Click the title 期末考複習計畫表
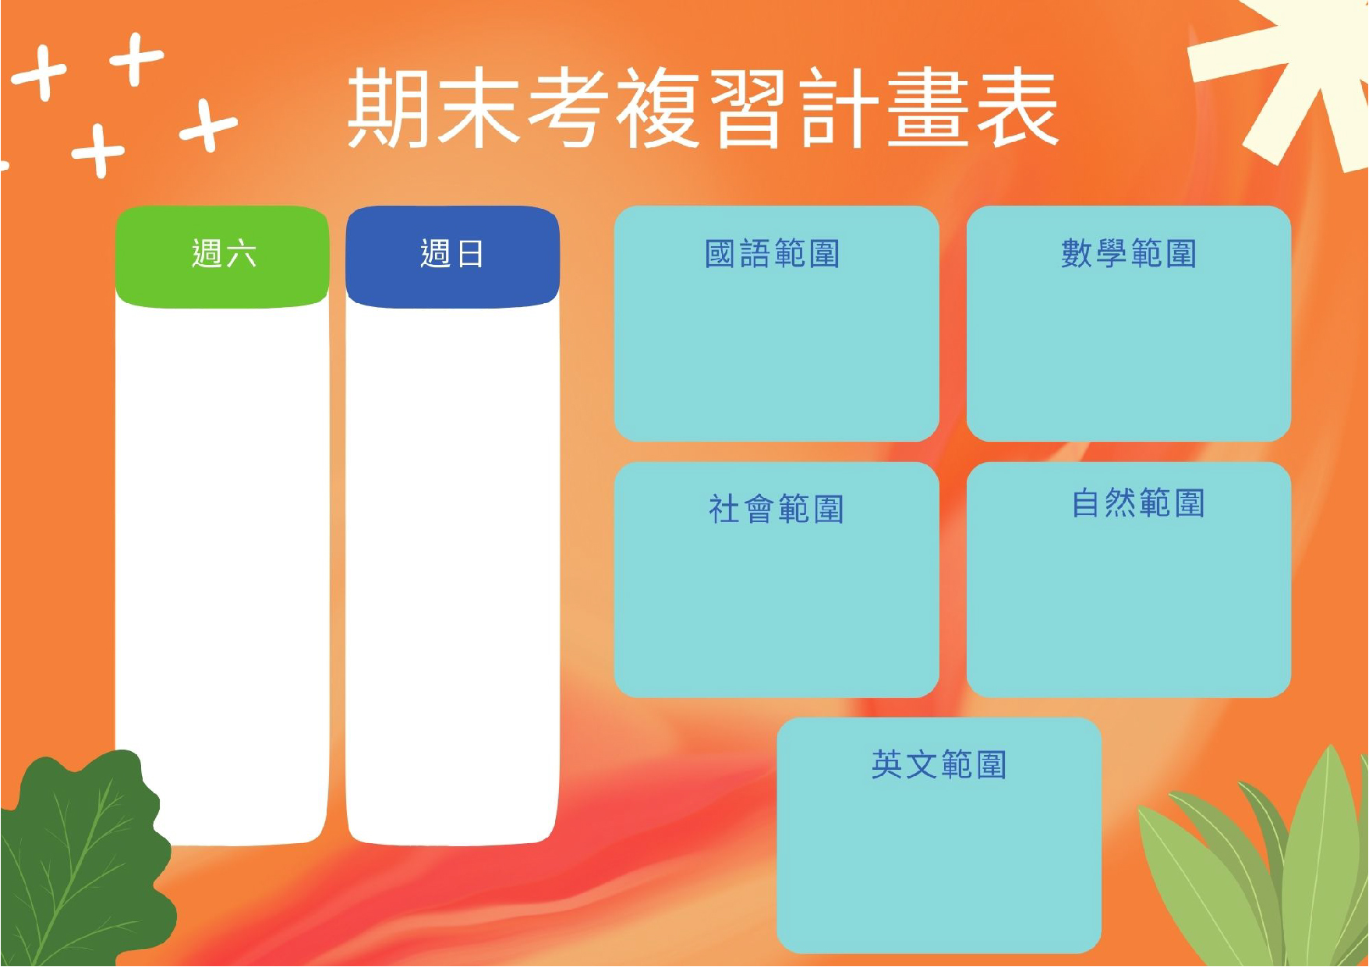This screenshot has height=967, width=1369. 702,107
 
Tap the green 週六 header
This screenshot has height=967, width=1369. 222,256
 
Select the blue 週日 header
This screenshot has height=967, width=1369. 452,256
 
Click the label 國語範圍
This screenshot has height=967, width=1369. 772,254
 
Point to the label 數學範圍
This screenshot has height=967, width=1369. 1128,254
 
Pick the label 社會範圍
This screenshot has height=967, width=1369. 776,509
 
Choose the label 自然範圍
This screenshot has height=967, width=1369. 1138,503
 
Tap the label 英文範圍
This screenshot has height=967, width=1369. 939,764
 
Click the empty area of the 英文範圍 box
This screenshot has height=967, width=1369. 939,865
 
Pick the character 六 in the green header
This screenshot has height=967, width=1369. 241,254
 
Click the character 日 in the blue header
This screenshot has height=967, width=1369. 470,254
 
